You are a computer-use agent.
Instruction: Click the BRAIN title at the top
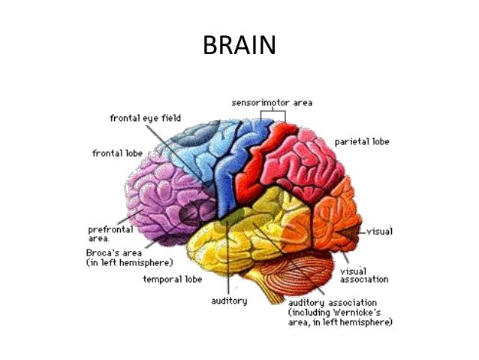(x=239, y=45)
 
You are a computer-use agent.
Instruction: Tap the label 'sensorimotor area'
(x=272, y=102)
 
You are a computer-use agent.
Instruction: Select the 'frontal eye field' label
(x=146, y=118)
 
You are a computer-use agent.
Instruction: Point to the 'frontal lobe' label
(x=118, y=153)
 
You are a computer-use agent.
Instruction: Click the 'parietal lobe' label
(x=362, y=141)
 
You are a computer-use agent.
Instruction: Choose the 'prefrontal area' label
(x=110, y=234)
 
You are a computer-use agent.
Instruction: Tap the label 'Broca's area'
(x=114, y=253)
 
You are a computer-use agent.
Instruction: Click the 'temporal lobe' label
(x=173, y=280)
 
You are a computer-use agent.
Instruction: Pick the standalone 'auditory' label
(x=229, y=301)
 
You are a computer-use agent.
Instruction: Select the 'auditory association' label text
(x=333, y=303)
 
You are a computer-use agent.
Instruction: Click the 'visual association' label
(x=364, y=275)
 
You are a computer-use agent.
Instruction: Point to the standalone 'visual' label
(x=379, y=231)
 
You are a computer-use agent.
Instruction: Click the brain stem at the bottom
(x=269, y=291)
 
